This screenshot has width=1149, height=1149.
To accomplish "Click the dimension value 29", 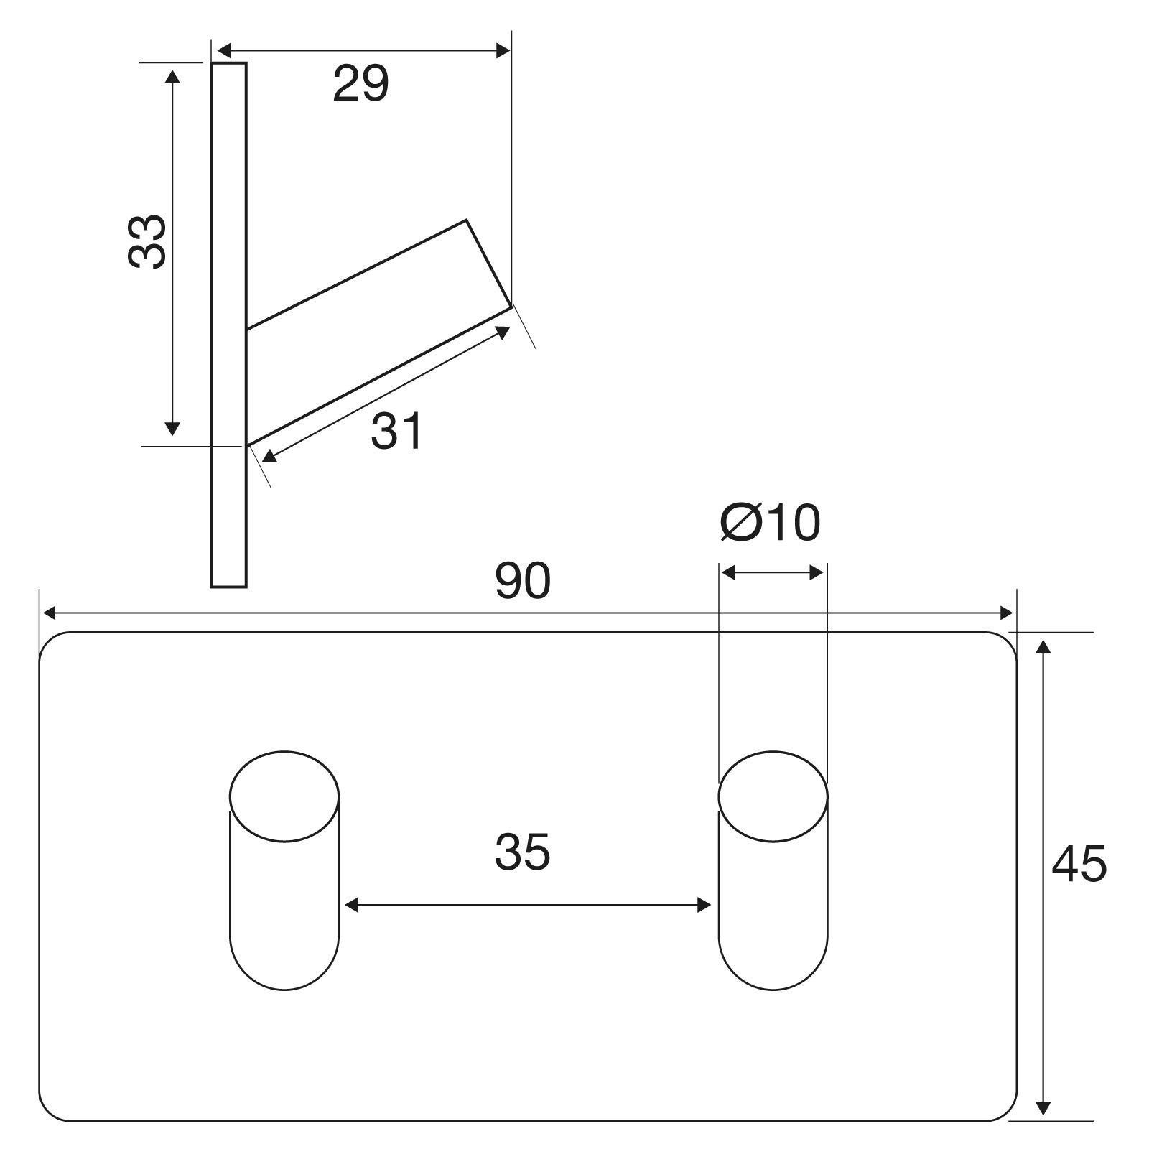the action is (360, 83).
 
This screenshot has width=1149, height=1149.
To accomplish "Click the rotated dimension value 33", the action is (147, 242).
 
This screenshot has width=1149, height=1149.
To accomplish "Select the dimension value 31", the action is (397, 432).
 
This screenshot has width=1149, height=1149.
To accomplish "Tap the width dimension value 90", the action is (522, 581).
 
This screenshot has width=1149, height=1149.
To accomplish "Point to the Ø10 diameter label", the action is (770, 522).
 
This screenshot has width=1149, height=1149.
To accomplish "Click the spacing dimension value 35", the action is (522, 852).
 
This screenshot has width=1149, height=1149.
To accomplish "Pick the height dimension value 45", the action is (1079, 863).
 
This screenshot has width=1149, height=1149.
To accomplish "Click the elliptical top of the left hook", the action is (284, 796).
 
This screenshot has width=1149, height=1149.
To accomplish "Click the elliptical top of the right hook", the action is (773, 796).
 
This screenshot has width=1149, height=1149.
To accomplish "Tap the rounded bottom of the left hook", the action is (284, 990).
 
